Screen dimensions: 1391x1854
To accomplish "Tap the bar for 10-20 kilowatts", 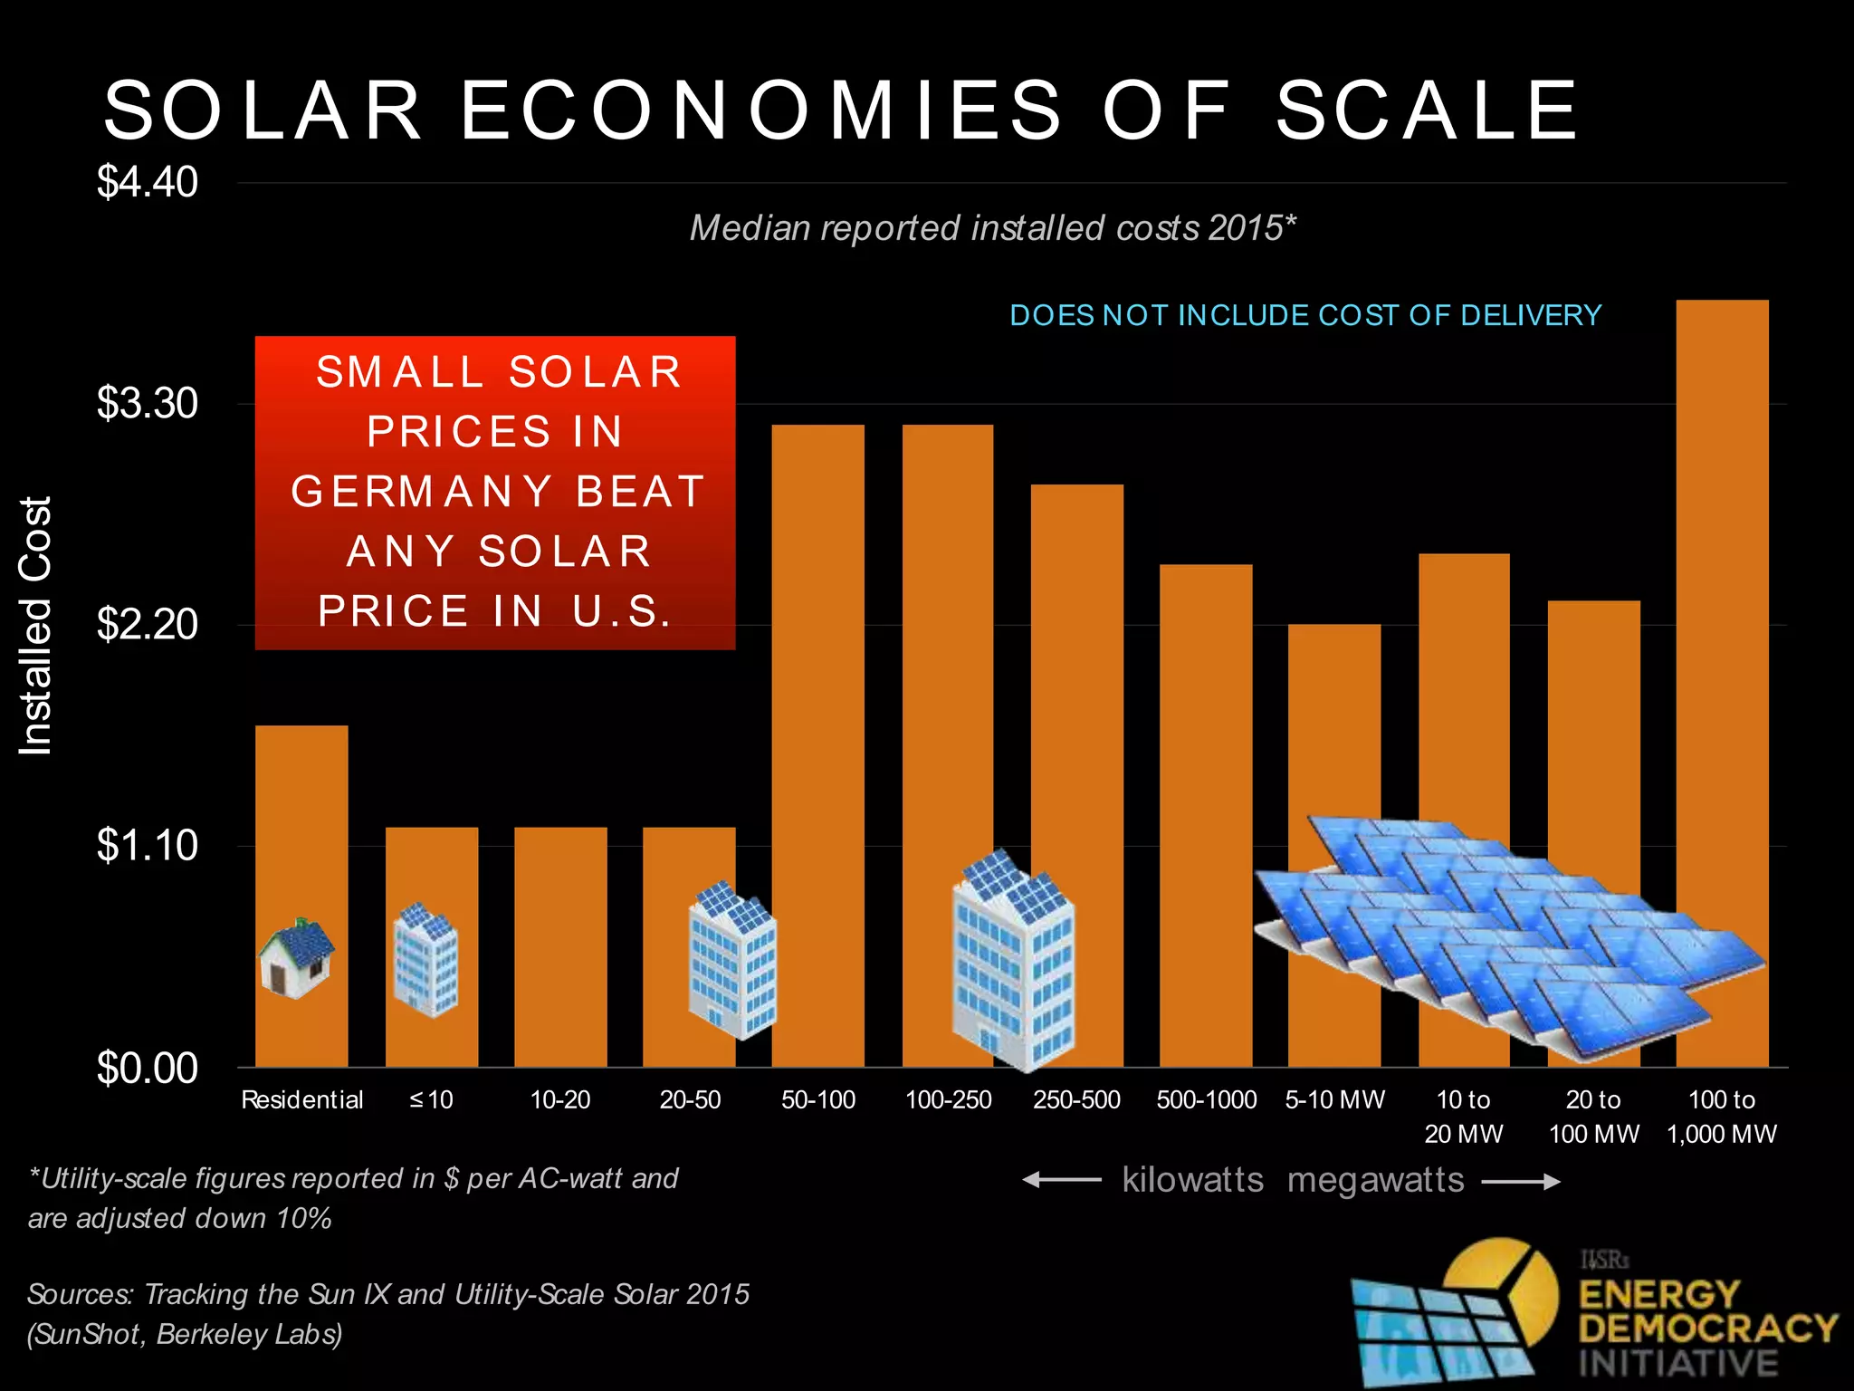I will [560, 942].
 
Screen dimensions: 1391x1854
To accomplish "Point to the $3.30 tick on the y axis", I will [148, 403].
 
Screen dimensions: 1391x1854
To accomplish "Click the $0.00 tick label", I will [148, 1068].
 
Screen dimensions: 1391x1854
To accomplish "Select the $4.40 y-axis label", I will [148, 182].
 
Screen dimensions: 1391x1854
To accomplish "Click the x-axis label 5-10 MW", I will [1334, 1099].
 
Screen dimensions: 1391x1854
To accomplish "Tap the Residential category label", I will [301, 1099].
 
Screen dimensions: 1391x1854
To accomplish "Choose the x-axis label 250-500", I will [1076, 1099].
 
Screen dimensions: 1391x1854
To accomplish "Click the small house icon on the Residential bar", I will [296, 958].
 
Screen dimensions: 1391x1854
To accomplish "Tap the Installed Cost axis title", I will [36, 625].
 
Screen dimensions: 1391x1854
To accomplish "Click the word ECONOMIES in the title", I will [760, 110].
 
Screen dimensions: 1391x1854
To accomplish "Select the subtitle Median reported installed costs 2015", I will [992, 228].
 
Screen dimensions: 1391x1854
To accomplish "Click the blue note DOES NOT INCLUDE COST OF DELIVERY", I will [1305, 315].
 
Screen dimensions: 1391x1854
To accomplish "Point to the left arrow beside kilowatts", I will [1061, 1179].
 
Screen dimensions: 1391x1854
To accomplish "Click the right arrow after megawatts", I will [1521, 1181].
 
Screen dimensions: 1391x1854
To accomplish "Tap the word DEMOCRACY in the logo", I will [1707, 1329].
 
